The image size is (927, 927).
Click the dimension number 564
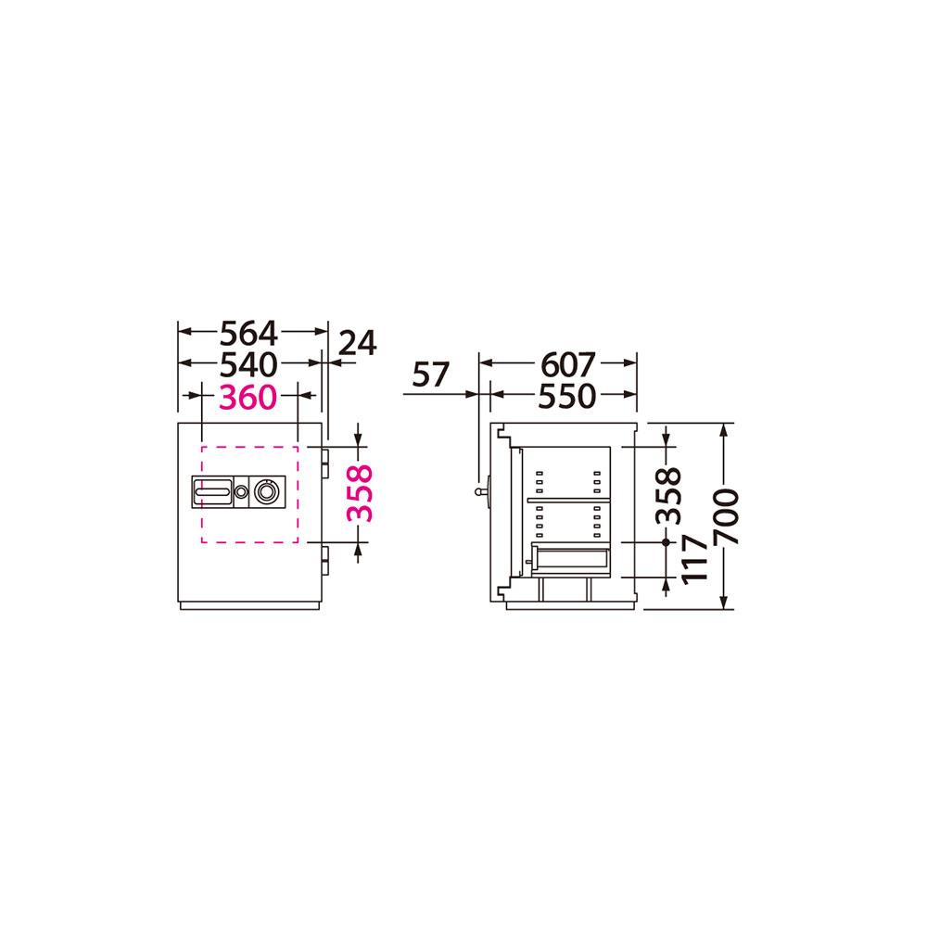tap(248, 334)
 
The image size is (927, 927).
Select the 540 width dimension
tap(248, 364)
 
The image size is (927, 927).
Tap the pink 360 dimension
tap(248, 397)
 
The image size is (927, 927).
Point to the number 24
tap(357, 344)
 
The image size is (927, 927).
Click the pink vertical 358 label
tap(360, 493)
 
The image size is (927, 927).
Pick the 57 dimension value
tap(430, 375)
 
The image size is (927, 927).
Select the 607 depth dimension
tap(568, 364)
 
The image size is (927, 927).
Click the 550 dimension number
tap(567, 396)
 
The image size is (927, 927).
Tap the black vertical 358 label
tap(668, 495)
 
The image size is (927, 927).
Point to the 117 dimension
tap(694, 560)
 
